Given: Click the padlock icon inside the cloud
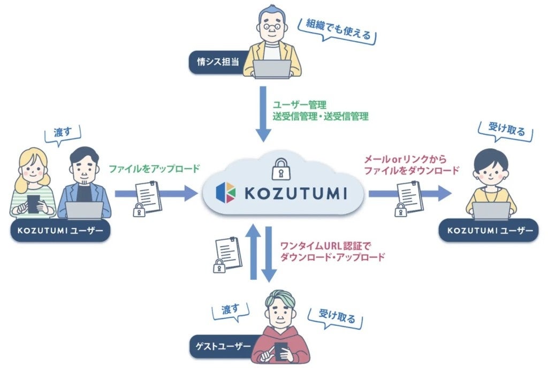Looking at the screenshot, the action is pyautogui.click(x=281, y=169).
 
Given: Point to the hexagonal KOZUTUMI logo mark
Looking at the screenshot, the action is pyautogui.click(x=226, y=193).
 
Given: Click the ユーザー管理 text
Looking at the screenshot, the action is pyautogui.click(x=300, y=105).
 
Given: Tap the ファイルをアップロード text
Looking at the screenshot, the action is pyautogui.click(x=154, y=169).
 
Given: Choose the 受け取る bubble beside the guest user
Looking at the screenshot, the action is pyautogui.click(x=336, y=317).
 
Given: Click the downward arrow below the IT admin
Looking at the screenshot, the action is pyautogui.click(x=263, y=114).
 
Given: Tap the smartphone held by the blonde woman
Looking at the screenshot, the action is pyautogui.click(x=33, y=204).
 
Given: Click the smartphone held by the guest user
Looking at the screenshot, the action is pyautogui.click(x=281, y=351).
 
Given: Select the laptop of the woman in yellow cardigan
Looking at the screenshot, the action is pyautogui.click(x=491, y=211).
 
